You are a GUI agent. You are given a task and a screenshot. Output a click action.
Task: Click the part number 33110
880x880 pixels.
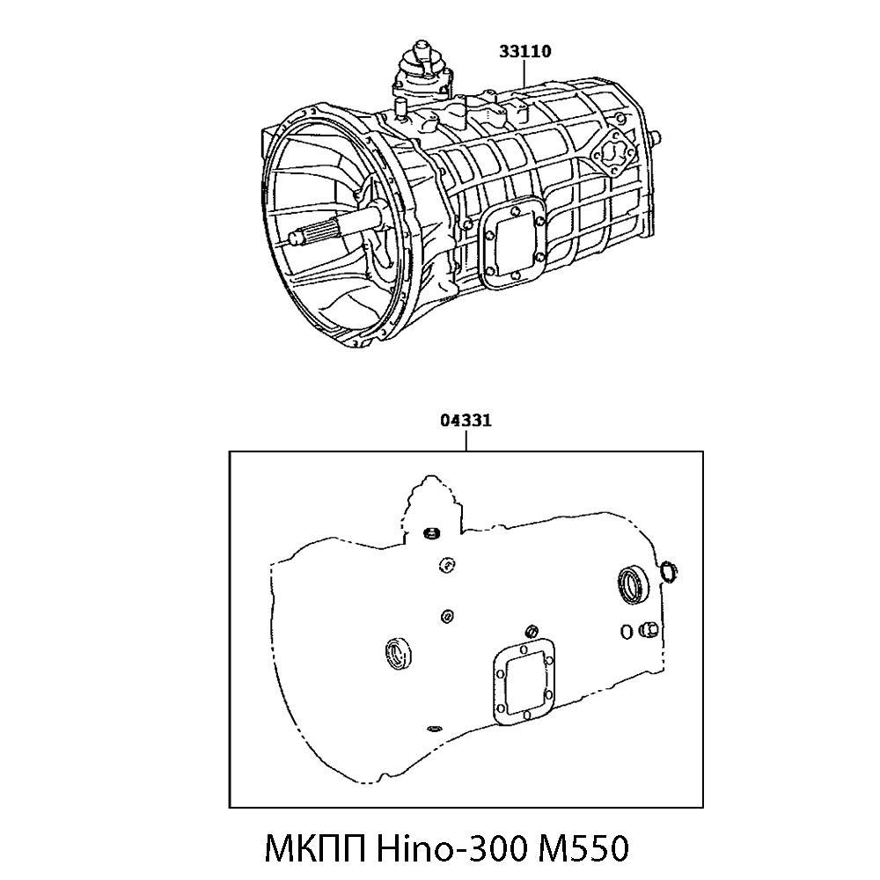[x=525, y=51]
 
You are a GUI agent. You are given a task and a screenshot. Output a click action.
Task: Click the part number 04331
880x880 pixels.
[x=466, y=421]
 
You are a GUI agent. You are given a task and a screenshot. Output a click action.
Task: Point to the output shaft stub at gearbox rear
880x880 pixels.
[x=656, y=137]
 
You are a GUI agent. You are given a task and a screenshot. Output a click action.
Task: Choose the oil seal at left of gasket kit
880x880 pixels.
[x=397, y=652]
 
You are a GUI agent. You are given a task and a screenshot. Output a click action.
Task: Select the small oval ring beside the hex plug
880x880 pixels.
[x=625, y=630]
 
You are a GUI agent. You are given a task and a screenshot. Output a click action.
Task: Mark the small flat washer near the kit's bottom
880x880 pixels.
[x=433, y=729]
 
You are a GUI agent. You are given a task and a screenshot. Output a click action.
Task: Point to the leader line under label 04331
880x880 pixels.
[x=466, y=440]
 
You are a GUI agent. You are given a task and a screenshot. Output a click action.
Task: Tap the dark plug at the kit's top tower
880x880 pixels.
[x=431, y=534]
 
